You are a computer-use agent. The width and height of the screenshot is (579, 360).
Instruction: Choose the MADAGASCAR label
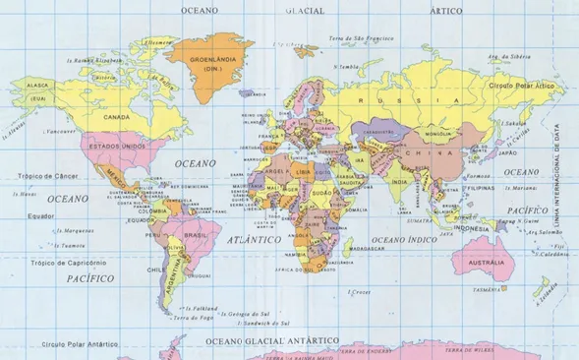366,250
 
